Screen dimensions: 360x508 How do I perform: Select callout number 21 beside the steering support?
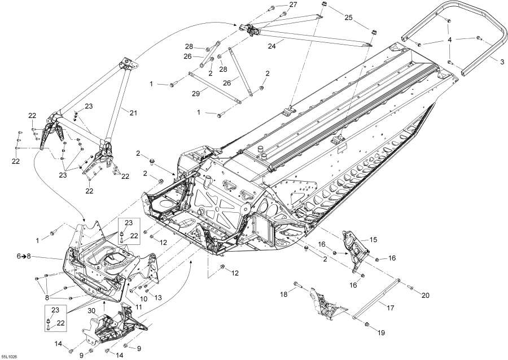pyautogui.click(x=133, y=113)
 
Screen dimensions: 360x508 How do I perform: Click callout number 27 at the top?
pyautogui.click(x=292, y=5)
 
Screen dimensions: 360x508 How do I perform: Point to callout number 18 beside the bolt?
pyautogui.click(x=284, y=295)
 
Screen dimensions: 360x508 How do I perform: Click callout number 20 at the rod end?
pyautogui.click(x=426, y=294)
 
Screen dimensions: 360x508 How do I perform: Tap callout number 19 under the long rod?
pyautogui.click(x=381, y=333)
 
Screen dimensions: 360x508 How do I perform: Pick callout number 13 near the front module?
pyautogui.click(x=158, y=297)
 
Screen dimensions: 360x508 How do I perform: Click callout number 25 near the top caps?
pyautogui.click(x=348, y=18)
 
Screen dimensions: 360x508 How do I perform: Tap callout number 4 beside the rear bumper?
pyautogui.click(x=449, y=40)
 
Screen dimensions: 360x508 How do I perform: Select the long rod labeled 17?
pyautogui.click(x=375, y=299)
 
